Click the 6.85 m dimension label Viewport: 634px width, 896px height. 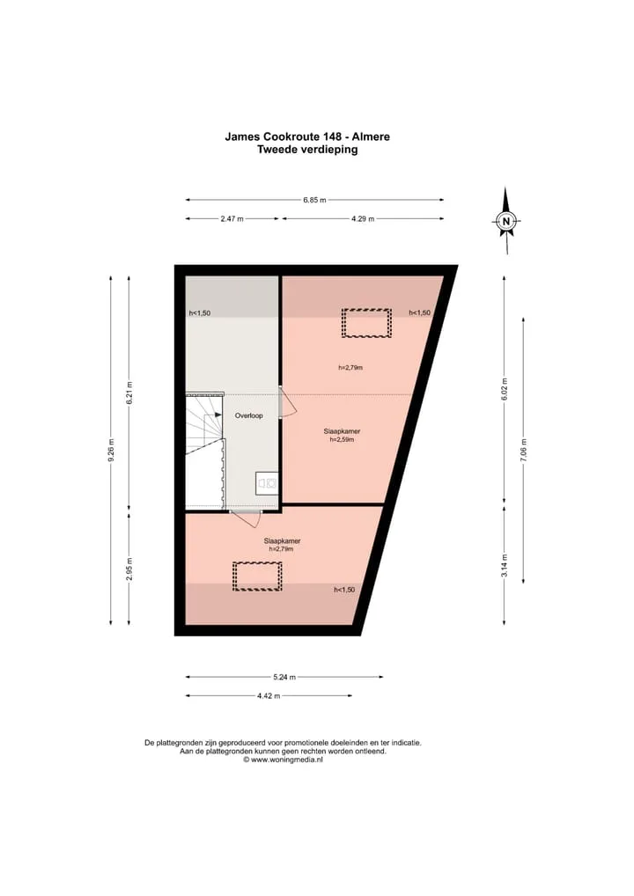pos(314,200)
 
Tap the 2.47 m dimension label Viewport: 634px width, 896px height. pos(232,219)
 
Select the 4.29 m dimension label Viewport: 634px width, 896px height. pos(363,219)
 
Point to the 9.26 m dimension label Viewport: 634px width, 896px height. pos(111,450)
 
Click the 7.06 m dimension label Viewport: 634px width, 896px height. pos(523,450)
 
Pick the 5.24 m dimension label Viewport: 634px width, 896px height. pos(284,677)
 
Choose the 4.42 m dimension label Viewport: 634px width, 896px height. pos(269,696)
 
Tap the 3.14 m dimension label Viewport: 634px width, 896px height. pos(505,566)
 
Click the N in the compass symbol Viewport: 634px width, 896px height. pos(505,221)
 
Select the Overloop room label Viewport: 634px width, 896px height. pos(248,415)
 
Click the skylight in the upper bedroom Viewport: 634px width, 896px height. pos(366,323)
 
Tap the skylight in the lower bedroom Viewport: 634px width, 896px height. pos(257,576)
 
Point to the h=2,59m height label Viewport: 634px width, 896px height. pos(342,439)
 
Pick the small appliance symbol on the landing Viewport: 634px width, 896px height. pos(267,483)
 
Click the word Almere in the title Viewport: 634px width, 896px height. pos(371,136)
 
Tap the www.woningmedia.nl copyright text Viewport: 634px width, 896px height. pos(283,760)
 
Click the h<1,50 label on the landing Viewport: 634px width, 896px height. pos(200,313)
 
